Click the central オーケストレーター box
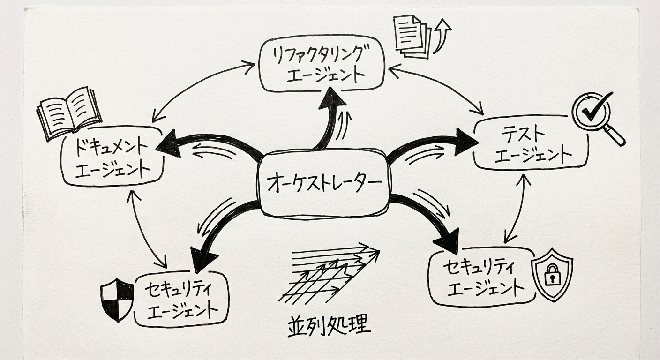pos(323,183)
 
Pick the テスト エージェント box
pos(531,142)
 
